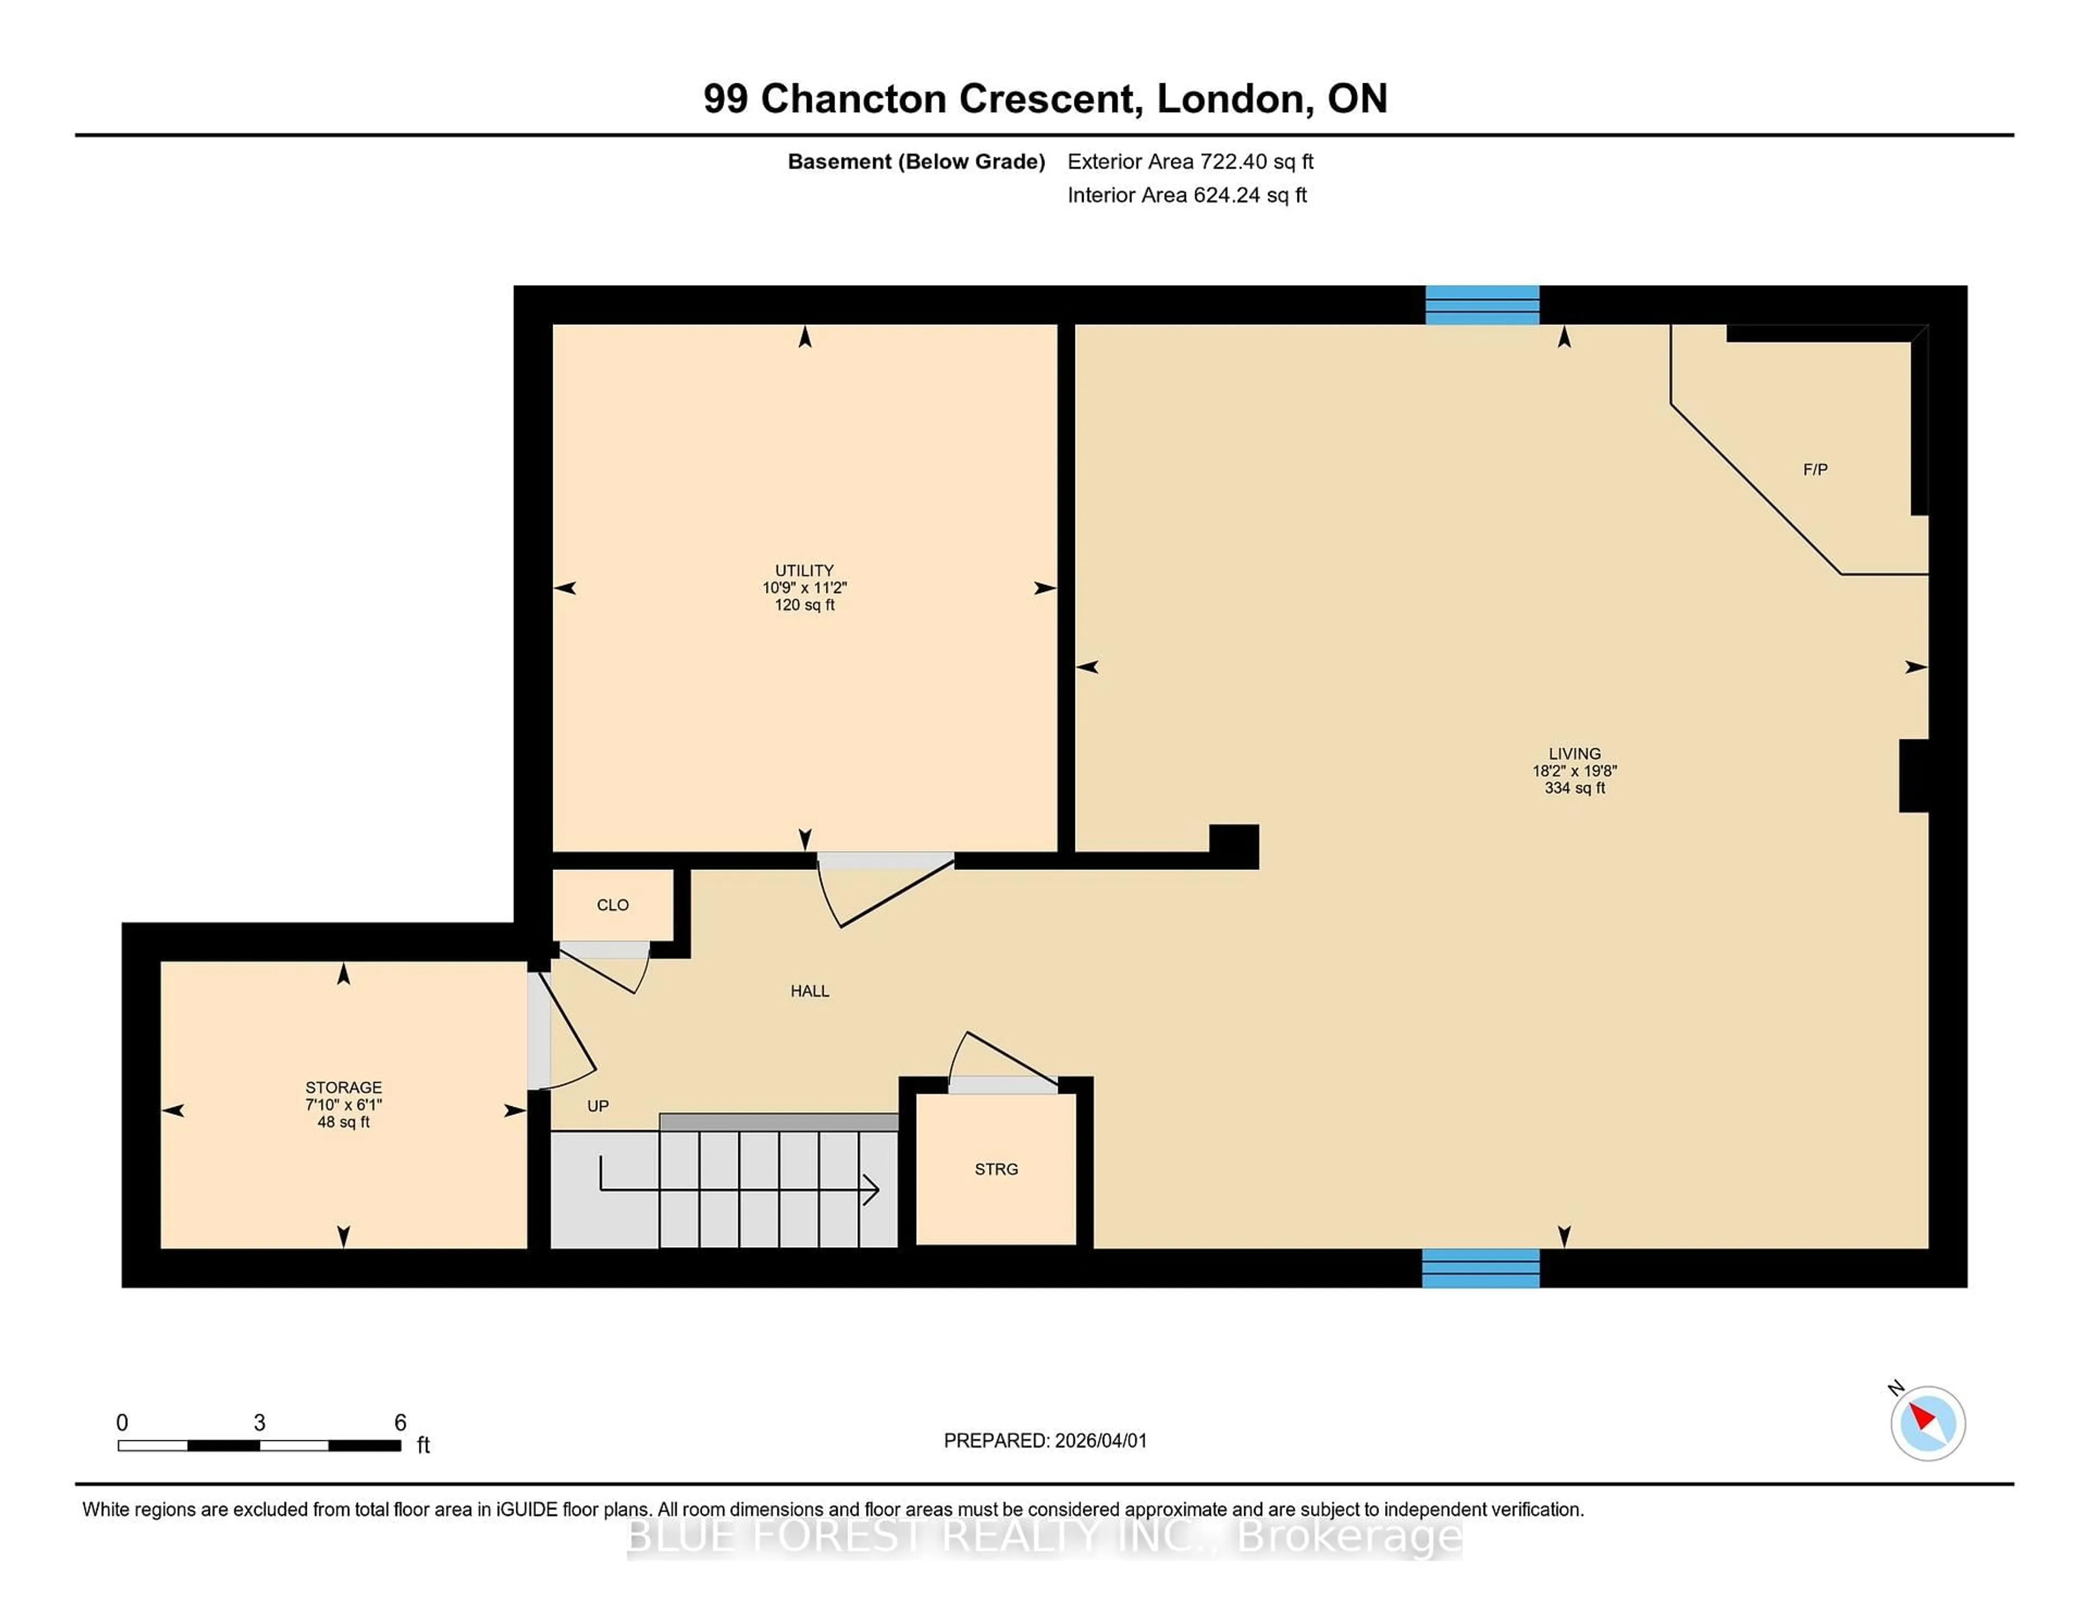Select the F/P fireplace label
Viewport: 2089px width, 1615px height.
point(1814,470)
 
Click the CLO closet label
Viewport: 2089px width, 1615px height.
point(612,905)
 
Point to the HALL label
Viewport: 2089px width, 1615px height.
point(809,991)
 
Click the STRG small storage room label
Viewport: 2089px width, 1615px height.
point(996,1169)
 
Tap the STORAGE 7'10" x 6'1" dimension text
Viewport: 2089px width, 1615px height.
point(343,1104)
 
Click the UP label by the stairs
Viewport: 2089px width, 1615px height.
point(598,1106)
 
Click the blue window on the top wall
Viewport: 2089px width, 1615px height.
point(1482,305)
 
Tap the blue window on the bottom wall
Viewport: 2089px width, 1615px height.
point(1480,1268)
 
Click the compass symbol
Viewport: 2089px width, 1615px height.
point(1927,1423)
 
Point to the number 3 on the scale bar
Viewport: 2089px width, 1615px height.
point(259,1423)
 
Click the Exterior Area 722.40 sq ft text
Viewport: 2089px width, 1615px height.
point(1190,162)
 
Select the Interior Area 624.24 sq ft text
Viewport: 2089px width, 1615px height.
point(1186,195)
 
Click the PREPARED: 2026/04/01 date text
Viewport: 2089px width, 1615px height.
point(1044,1441)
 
